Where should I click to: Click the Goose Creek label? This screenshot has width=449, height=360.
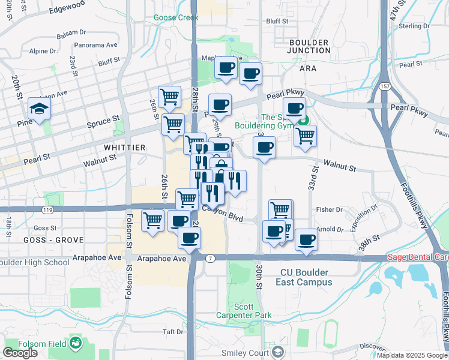175,18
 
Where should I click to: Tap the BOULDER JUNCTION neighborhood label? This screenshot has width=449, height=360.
309,47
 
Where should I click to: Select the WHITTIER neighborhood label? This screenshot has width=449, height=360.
124,148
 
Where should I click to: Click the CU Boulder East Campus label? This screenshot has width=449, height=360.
306,277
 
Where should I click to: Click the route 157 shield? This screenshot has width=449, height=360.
386,86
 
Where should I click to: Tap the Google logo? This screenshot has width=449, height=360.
20,353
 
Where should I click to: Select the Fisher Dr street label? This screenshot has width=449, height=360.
330,210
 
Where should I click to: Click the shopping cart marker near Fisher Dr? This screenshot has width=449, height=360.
280,210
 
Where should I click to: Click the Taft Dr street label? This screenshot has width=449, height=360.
172,332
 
